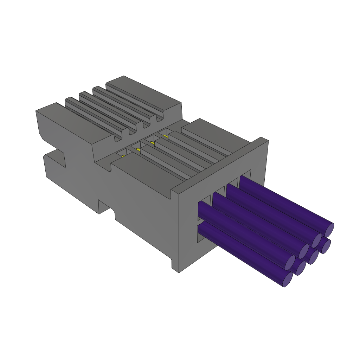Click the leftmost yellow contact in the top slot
[123, 156]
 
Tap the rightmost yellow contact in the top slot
[165, 136]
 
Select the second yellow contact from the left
[138, 150]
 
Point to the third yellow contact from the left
[152, 143]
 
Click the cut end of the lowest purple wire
[288, 279]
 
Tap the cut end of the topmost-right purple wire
[329, 230]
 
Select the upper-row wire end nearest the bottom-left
[290, 263]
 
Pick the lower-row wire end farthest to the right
[326, 246]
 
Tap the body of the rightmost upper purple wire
[281, 200]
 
